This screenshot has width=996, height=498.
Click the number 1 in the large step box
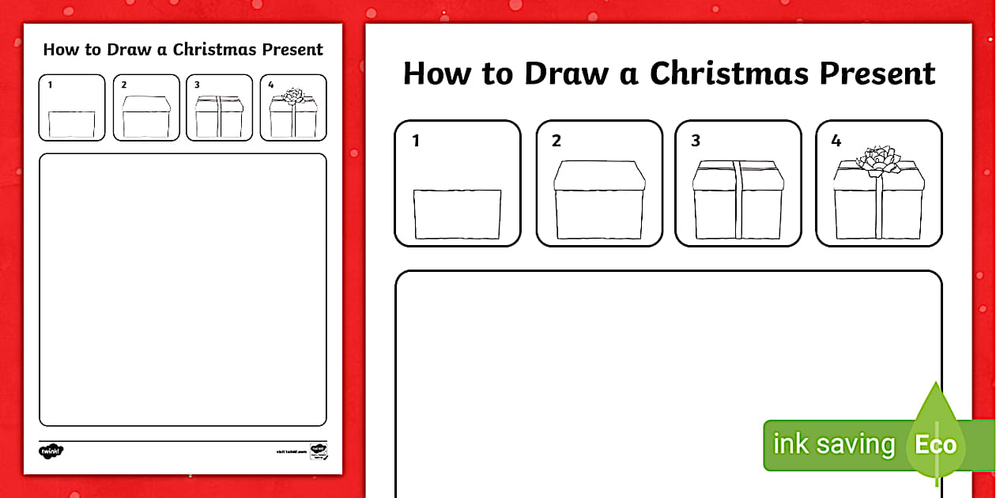click(416, 141)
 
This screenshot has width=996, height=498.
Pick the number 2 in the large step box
click(556, 141)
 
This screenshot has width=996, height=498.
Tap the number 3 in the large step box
click(696, 141)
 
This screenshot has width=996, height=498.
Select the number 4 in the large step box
click(836, 141)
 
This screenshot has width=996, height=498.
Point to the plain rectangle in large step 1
click(458, 213)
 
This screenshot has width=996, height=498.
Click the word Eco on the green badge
click(935, 444)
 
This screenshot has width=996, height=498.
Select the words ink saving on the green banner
click(833, 444)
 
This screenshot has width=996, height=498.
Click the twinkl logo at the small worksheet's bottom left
click(51, 451)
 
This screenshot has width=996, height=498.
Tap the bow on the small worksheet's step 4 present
click(293, 96)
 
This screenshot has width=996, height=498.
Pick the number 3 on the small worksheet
click(197, 85)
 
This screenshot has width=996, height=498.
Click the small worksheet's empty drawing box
click(183, 289)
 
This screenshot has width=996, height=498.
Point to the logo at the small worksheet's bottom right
click(319, 451)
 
